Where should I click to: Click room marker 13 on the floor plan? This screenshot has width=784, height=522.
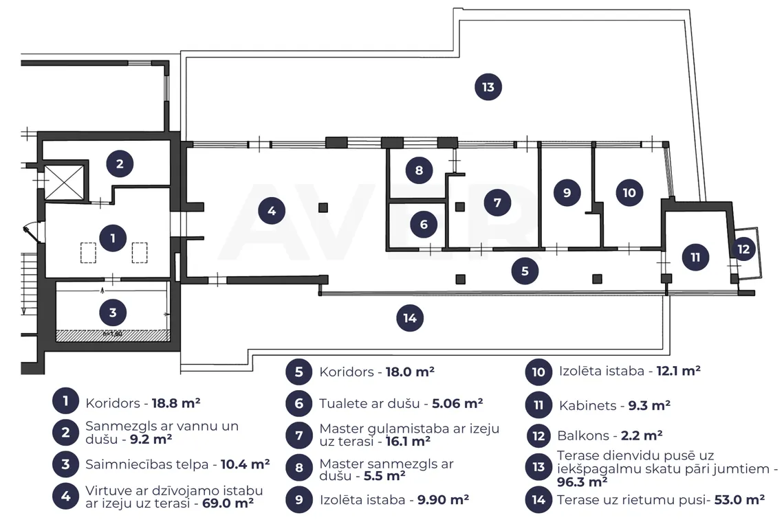pos(488,87)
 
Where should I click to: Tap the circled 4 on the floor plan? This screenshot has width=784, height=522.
pos(272,211)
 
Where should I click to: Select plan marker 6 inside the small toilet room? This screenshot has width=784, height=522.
pos(424,225)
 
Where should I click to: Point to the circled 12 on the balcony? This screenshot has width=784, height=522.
pos(743,249)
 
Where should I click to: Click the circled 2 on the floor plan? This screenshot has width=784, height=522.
pos(120,163)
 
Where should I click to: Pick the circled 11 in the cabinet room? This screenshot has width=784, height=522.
pos(695,258)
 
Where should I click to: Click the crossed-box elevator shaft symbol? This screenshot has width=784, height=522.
pos(65,183)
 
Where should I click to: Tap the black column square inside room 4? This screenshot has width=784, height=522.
pos(323,207)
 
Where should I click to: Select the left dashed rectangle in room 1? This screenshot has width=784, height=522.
pos(89,253)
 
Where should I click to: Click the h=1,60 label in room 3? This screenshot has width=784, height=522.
pos(113,334)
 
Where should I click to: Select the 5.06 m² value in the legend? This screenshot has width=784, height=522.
pos(457,403)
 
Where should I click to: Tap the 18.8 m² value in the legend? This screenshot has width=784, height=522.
pos(176,403)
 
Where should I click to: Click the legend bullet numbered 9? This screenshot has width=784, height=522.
pos(299,499)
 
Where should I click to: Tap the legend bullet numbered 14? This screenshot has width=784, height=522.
pos(538,499)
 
